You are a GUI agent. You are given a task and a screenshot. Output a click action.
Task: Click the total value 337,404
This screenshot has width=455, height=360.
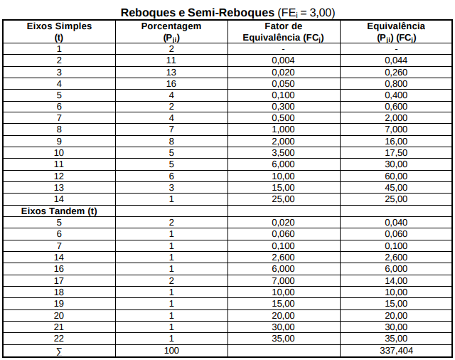(x=396, y=350)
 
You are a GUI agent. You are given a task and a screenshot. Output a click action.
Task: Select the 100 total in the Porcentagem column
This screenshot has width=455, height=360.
(x=171, y=350)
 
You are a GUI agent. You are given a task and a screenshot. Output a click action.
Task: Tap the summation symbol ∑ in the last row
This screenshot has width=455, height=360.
(x=59, y=351)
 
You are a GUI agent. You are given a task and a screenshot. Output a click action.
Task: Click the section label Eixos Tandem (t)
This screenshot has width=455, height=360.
(x=60, y=211)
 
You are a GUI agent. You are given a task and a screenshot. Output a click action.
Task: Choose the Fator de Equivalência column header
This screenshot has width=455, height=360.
(x=284, y=31)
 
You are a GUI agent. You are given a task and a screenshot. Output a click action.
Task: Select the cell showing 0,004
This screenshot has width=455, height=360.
(x=283, y=60)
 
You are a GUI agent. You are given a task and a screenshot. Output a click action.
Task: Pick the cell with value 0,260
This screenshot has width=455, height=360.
(x=396, y=72)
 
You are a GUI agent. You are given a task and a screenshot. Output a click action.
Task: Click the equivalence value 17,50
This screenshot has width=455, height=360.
(x=396, y=153)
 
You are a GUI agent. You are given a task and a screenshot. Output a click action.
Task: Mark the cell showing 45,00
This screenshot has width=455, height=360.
(x=396, y=188)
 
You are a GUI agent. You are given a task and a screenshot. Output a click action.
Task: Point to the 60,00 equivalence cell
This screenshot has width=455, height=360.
(x=396, y=176)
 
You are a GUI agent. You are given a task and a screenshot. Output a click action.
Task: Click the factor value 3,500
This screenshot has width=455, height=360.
(x=283, y=153)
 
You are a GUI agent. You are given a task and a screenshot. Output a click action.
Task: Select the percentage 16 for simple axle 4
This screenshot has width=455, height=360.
(x=171, y=84)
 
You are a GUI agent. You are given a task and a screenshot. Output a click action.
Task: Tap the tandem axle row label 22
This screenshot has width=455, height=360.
(x=59, y=339)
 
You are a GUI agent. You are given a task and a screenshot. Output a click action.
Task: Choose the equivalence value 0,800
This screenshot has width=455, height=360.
(x=396, y=84)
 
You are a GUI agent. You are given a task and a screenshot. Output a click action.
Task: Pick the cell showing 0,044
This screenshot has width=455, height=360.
(x=396, y=60)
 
